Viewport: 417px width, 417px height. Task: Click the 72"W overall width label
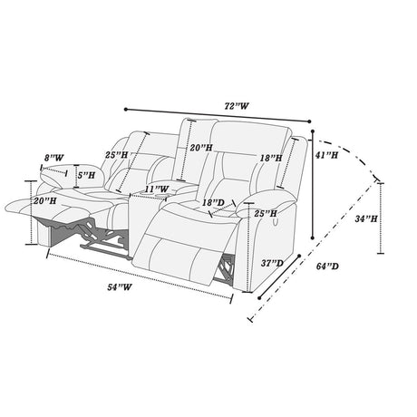coord(237,106)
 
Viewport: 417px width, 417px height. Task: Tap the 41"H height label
coord(326,155)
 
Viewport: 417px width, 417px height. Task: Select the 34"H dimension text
coord(366,218)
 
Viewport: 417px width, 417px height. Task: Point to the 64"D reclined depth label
coord(327,267)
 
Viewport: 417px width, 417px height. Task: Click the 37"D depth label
coord(272,263)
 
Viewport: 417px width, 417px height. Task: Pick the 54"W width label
coord(120,287)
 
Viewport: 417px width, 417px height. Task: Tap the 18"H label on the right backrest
coord(271,158)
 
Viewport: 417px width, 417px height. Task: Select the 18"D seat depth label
coord(213,203)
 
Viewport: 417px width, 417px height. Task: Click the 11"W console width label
coord(156,189)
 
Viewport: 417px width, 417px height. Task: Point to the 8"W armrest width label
coord(54,158)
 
